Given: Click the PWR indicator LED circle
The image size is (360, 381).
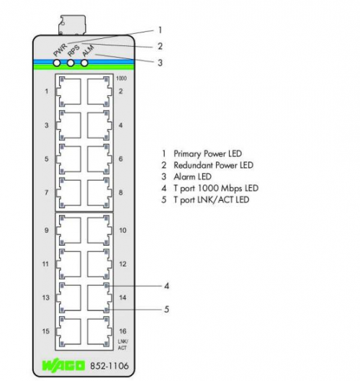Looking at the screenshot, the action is [57, 63].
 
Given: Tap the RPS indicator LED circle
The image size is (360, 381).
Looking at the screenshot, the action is [71, 63].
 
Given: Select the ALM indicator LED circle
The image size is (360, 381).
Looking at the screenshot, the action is [84, 63].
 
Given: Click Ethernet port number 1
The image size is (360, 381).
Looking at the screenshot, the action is [69, 91].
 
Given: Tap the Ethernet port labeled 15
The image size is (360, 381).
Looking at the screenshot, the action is [69, 331].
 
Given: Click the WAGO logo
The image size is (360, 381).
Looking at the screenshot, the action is [64, 366].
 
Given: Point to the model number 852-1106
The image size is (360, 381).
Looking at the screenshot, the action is [109, 366].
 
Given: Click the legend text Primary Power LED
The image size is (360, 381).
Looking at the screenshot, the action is [207, 154].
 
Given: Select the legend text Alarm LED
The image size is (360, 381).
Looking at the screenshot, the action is [192, 176].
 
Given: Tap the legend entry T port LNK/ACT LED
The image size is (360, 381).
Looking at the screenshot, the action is [212, 200].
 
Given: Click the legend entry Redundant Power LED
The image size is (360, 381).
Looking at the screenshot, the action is [213, 165].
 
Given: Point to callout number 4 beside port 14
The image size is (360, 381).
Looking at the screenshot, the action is [166, 286].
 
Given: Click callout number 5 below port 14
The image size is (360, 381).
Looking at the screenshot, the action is [166, 309].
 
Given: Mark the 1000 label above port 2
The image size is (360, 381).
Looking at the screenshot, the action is [121, 79].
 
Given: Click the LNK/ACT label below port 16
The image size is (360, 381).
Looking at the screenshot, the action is [122, 345].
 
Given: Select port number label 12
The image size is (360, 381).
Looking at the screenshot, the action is [122, 264].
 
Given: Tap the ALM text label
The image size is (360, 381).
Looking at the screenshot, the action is [88, 50].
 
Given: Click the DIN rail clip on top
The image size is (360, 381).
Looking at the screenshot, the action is [72, 25].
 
